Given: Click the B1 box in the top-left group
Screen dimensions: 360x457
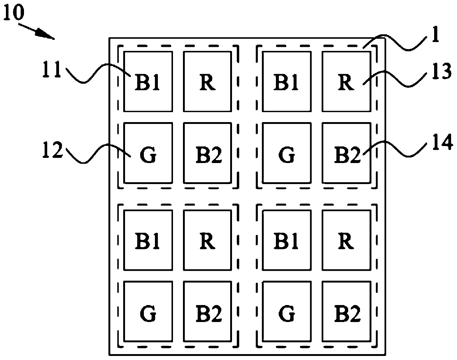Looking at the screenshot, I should coord(148,82).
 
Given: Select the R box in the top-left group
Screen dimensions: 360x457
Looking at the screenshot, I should coord(207,82).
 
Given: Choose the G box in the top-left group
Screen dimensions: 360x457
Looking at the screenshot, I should coord(148,153).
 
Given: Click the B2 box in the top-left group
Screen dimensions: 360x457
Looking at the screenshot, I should coord(207,153).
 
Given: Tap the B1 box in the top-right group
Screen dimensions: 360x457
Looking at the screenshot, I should coord(286,82).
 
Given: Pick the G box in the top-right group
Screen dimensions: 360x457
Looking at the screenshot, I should coord(286,153).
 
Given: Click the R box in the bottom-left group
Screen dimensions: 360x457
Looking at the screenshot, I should coord(207,240).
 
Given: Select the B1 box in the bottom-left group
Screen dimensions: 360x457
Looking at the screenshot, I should coord(148,240).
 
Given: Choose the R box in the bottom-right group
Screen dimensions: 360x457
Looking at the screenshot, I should coord(346,240).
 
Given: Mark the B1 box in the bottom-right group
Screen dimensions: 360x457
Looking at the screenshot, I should coord(286,240).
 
